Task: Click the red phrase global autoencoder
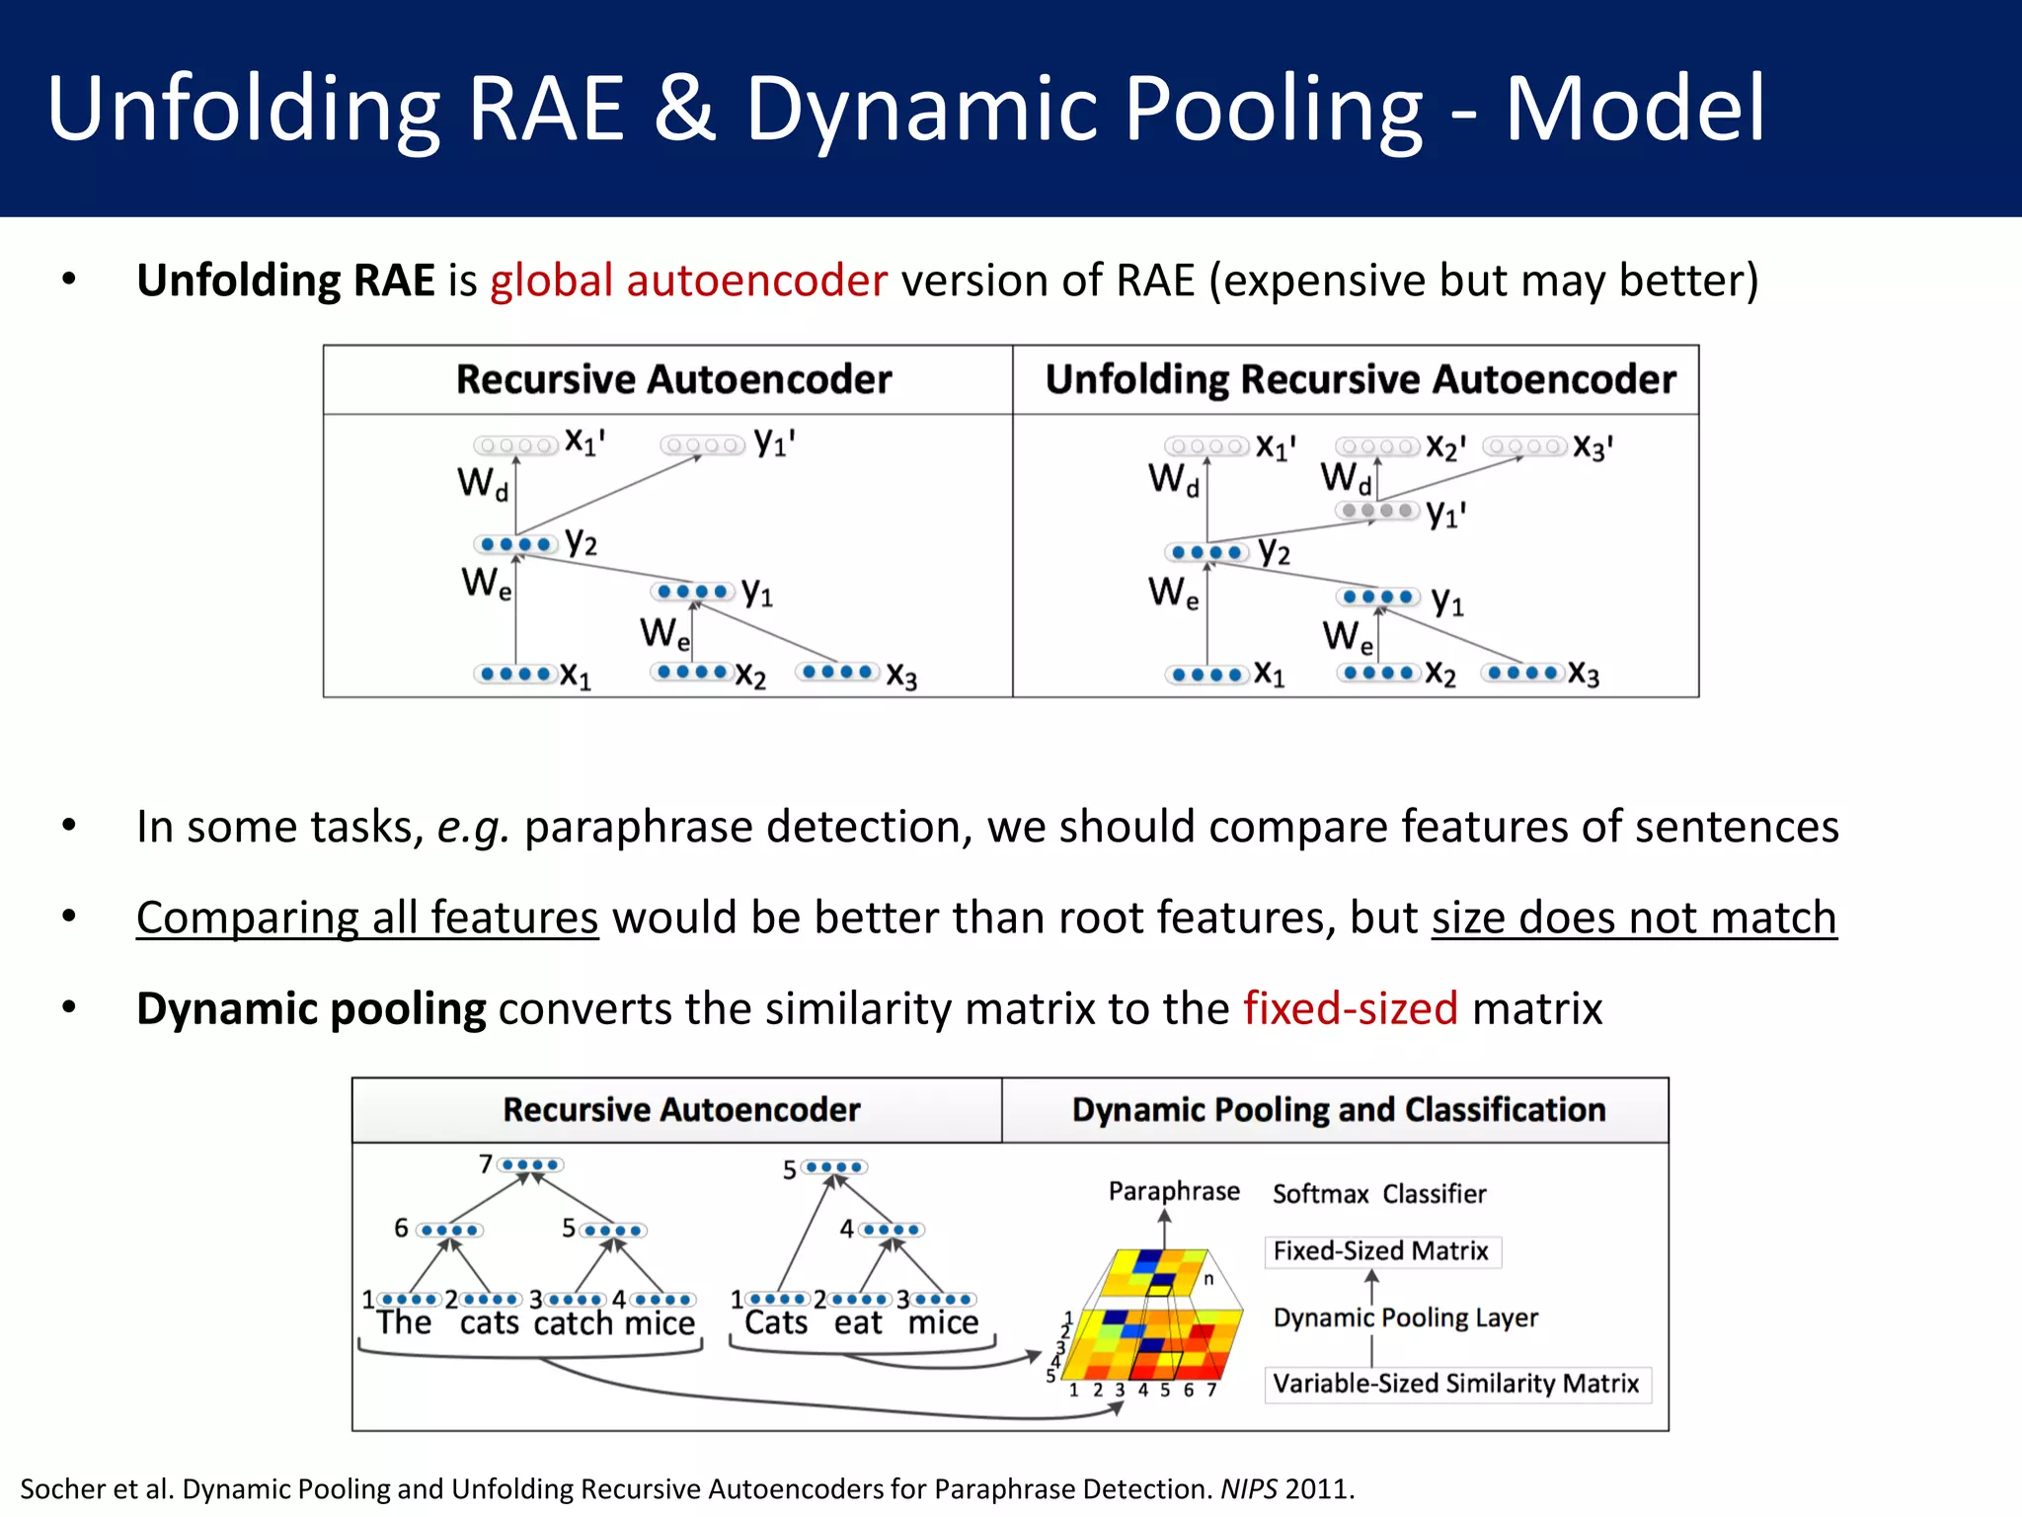coord(688,280)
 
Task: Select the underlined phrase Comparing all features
coord(367,918)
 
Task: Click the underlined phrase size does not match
coord(1634,918)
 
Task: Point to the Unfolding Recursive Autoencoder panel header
coord(1360,379)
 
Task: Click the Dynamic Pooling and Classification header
coord(1338,1109)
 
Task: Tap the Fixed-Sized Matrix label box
coord(1380,1251)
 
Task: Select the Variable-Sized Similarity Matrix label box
coord(1455,1383)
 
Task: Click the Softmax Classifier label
coord(1378,1194)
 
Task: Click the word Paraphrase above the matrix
coord(1173,1191)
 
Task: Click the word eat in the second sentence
coord(857,1323)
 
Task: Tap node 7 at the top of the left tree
coord(530,1164)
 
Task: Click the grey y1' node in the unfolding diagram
coord(1378,511)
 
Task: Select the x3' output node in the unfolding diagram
coord(1524,447)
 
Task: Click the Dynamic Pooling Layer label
coord(1405,1317)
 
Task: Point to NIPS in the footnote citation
coord(1249,1488)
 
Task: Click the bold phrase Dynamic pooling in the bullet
coord(311,1008)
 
